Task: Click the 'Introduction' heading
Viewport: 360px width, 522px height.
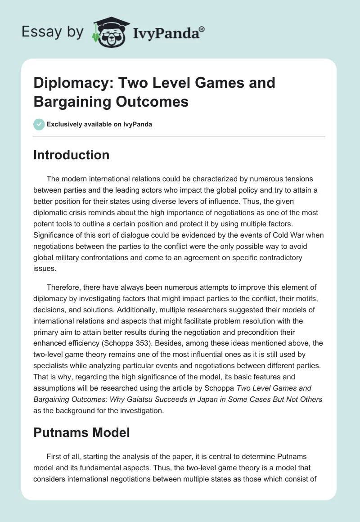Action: click(x=71, y=155)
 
